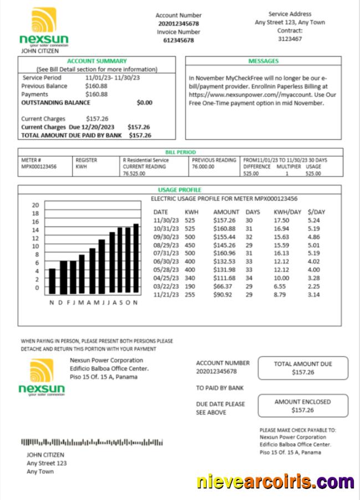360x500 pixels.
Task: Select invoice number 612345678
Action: (178, 40)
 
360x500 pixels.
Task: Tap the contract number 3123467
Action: (290, 39)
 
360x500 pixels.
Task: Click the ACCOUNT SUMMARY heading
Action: (97, 61)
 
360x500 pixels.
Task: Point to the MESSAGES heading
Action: (263, 61)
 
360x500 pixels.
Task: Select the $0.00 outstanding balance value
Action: (144, 102)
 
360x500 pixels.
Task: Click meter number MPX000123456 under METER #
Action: (39, 166)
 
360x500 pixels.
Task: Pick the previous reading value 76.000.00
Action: (203, 166)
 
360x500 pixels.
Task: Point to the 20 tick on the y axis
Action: (35, 204)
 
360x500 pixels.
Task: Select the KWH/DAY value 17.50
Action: (281, 220)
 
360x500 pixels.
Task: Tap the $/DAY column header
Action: (316, 212)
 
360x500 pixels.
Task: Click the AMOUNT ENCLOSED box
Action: (302, 406)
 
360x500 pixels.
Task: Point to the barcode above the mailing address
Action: (92, 442)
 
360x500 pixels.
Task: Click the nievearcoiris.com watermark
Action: (276, 482)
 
